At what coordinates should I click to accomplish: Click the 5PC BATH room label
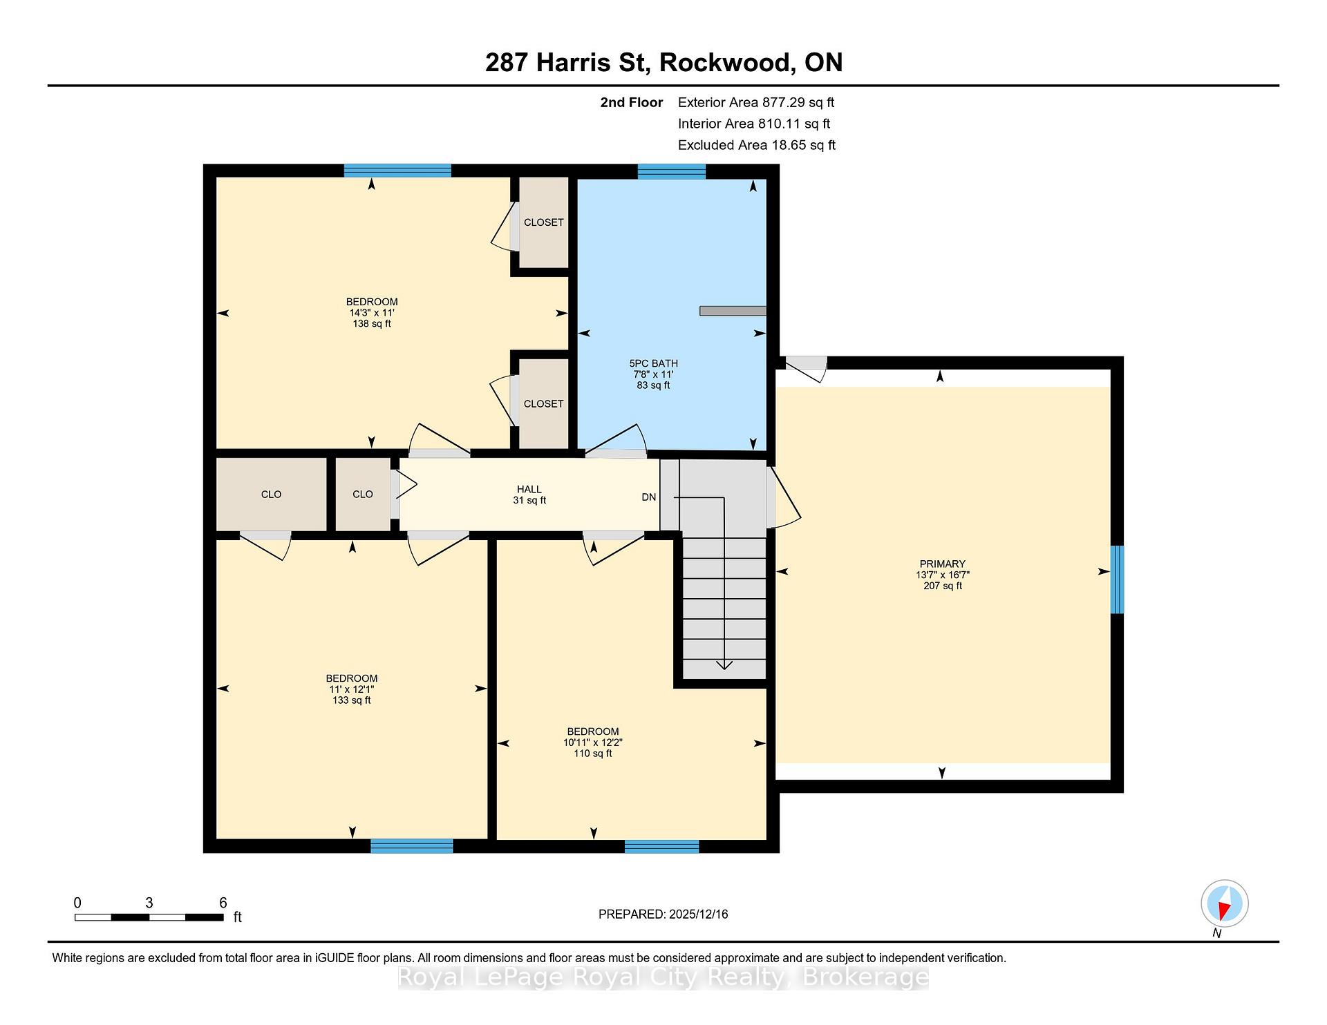coord(653,363)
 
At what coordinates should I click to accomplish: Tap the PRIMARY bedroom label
coord(942,564)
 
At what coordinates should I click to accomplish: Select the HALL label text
coord(529,489)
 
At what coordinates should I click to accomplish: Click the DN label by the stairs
coord(648,497)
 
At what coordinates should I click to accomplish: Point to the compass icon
coord(1224,903)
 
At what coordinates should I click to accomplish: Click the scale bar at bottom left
coord(149,917)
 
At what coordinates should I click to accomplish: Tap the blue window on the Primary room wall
coord(1117,579)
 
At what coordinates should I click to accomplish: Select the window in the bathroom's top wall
coord(671,171)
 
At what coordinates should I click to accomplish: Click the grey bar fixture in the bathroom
coord(733,311)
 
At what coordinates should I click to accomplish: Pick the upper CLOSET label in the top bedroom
coord(543,222)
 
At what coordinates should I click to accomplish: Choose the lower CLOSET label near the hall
coord(543,404)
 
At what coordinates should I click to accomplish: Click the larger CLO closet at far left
coord(272,495)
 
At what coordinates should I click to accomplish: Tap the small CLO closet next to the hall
coord(363,495)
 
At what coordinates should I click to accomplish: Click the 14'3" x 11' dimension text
coord(372,313)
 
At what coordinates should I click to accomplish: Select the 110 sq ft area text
coord(593,754)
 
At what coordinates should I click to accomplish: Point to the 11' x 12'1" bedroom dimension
coord(352,689)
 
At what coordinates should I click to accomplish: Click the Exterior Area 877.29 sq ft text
coord(756,103)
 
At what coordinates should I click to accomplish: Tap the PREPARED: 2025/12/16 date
coord(663,914)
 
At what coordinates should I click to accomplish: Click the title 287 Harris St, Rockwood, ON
coord(663,63)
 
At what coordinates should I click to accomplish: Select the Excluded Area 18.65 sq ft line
coord(757,145)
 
